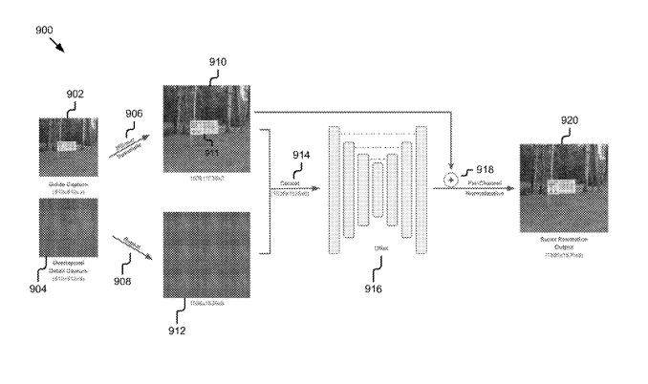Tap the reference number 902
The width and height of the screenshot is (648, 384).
(x=74, y=94)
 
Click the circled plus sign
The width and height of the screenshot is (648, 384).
(x=450, y=180)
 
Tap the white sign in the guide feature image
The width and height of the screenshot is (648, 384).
(x=66, y=146)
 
